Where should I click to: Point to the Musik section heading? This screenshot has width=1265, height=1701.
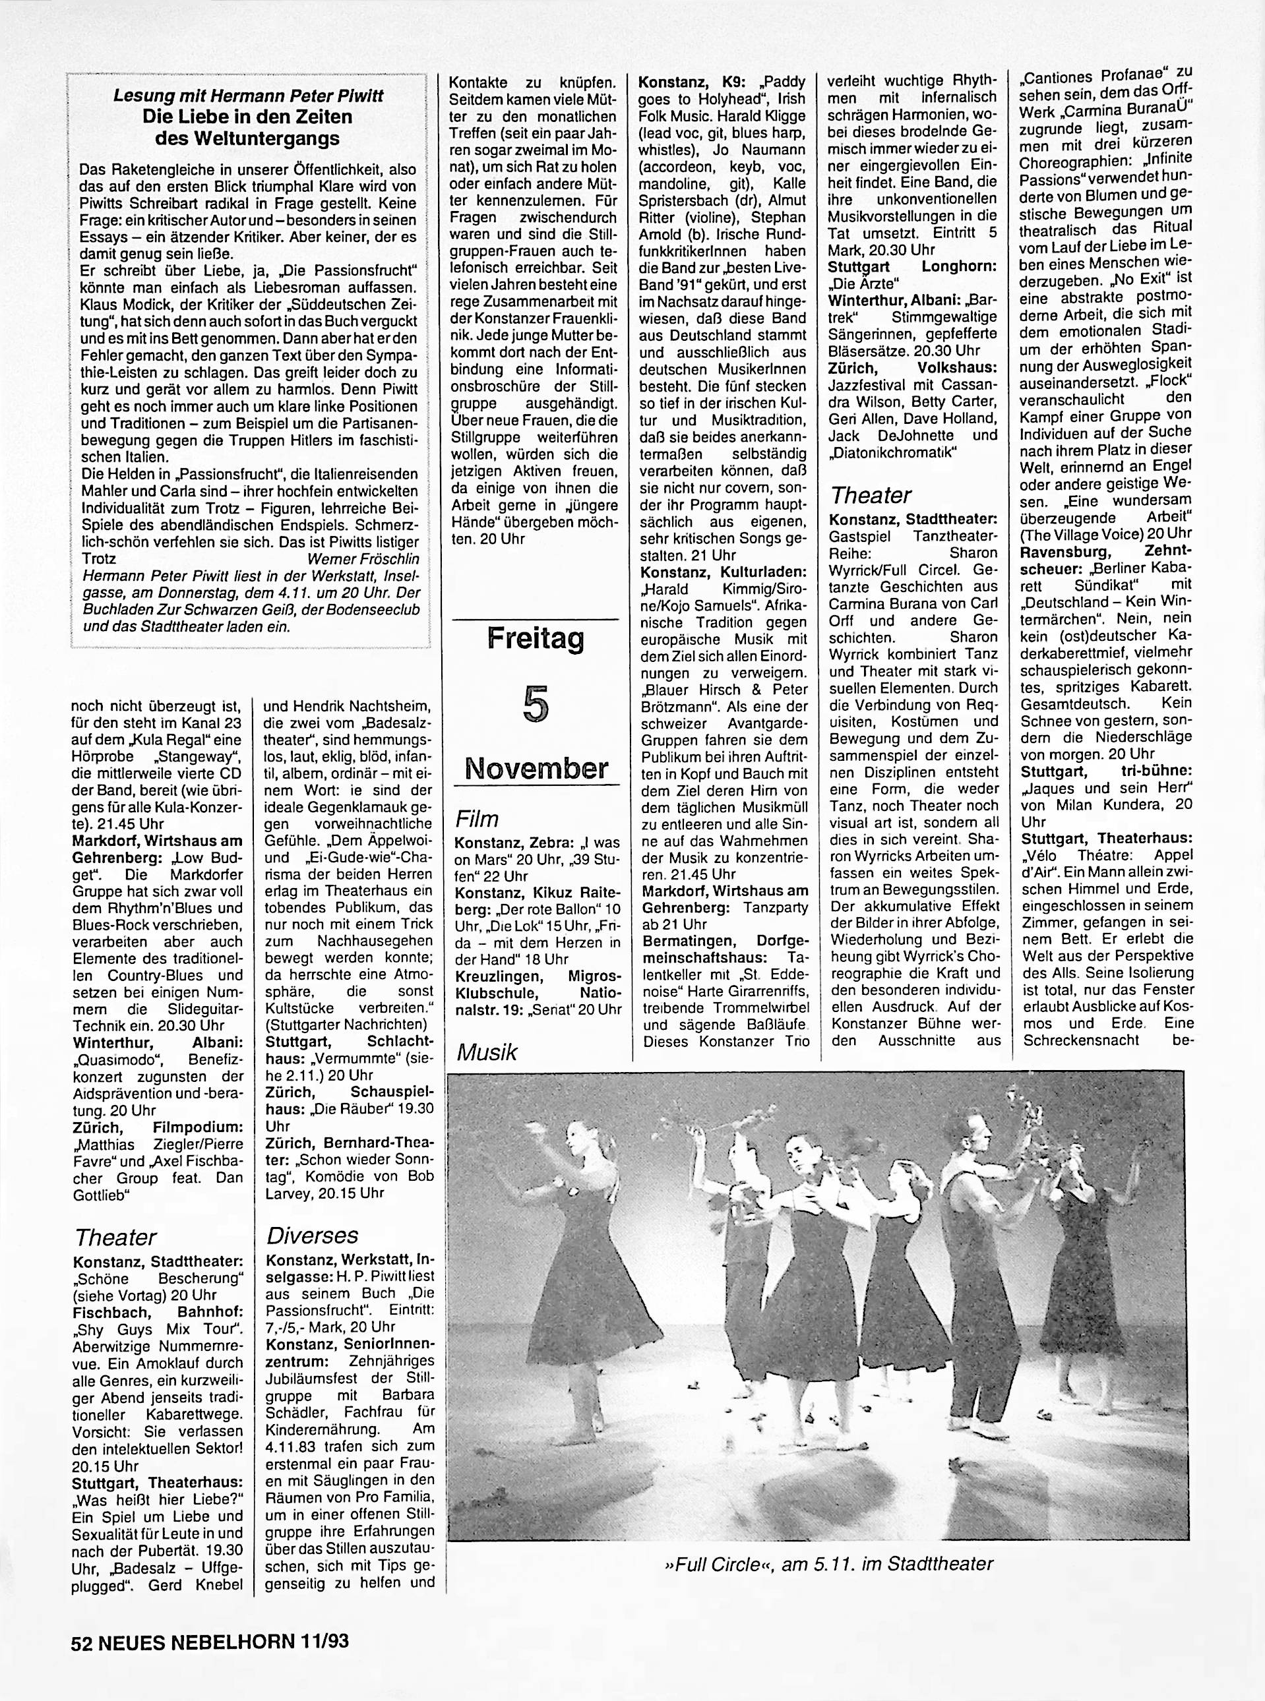[x=487, y=1052]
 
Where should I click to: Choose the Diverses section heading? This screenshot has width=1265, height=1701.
[x=313, y=1235]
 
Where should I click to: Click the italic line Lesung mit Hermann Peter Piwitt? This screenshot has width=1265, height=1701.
[x=248, y=96]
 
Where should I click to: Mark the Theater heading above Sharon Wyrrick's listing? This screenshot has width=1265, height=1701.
[x=871, y=495]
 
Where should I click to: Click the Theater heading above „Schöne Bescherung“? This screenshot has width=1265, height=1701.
[x=115, y=1237]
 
